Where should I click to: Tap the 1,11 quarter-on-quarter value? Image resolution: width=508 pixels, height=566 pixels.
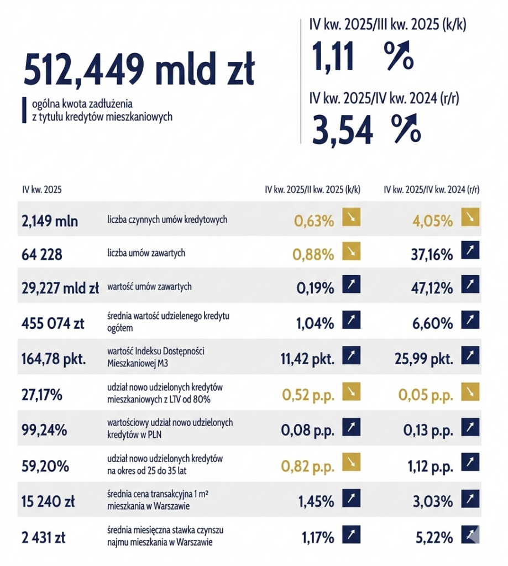pos(333,57)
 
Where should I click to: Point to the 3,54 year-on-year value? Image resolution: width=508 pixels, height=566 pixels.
pos(342,129)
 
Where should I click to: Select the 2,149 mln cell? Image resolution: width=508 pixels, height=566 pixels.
pos(50,221)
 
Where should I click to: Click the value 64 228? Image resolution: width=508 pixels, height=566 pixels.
pos(42,254)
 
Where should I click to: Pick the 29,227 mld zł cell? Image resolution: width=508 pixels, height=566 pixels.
pos(60,287)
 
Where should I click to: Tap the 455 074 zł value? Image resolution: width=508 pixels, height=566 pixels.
pos(54,323)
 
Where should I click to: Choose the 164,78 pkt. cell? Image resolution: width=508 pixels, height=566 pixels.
pos(54,359)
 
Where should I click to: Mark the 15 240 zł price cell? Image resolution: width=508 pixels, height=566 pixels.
pos(49,502)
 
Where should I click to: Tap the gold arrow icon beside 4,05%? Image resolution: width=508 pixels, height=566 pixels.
pos(470,218)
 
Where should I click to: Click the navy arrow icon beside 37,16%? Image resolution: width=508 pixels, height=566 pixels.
pos(470,251)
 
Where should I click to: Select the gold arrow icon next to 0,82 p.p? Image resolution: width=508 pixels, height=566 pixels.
pos(351,463)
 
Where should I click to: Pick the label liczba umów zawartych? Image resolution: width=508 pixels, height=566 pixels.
pos(146,253)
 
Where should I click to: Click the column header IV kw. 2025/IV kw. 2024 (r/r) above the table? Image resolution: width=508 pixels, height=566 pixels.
pos(431,190)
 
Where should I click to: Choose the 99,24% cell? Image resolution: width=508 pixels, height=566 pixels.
pos(42,430)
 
